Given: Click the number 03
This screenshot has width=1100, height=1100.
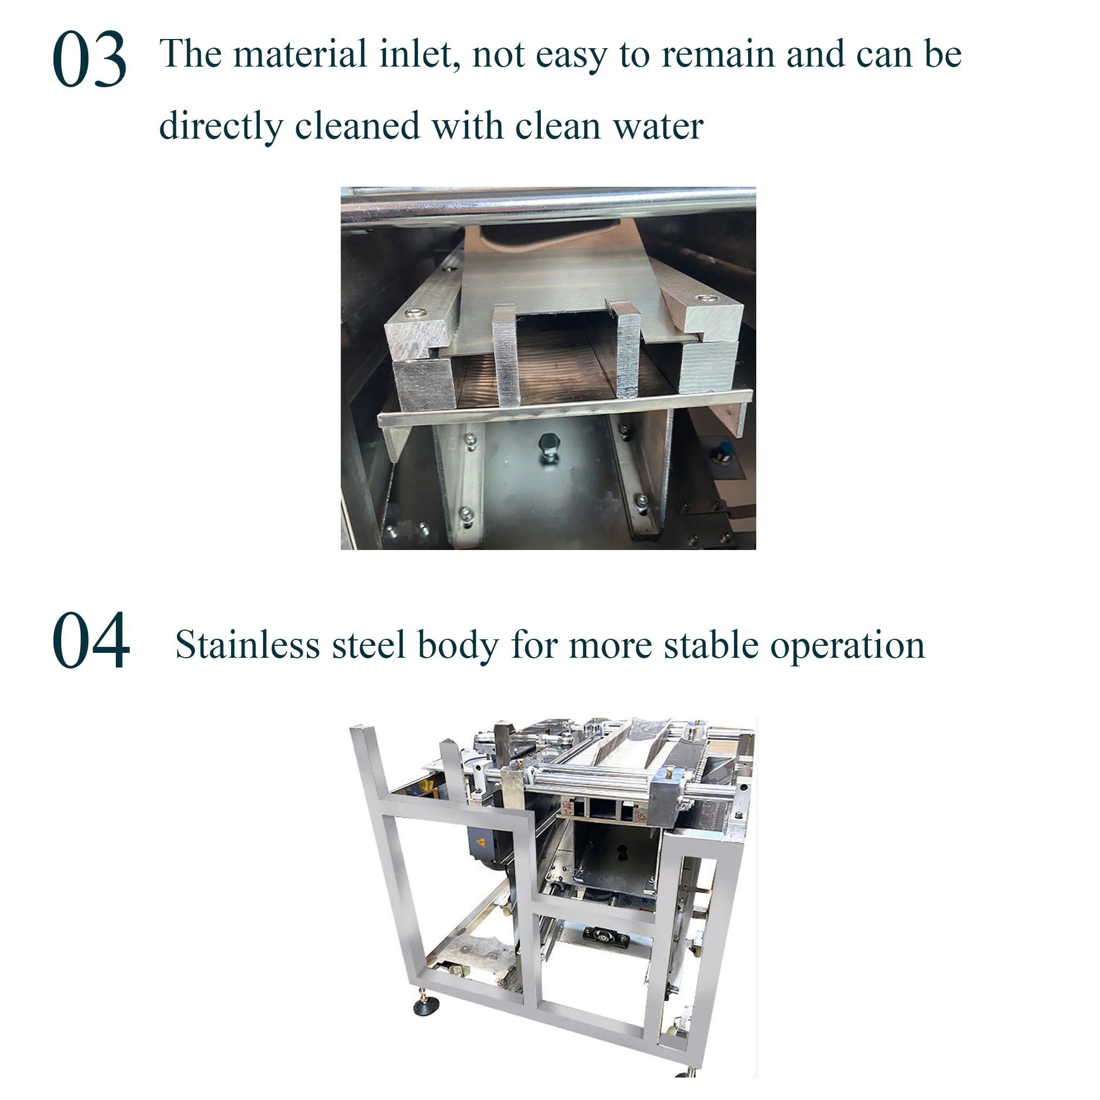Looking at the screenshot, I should point(89,60).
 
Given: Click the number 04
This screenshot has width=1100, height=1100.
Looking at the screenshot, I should point(90,640).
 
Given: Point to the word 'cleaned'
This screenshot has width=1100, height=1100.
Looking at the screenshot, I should point(357,126).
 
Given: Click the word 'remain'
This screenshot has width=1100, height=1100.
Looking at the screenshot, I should point(717,55).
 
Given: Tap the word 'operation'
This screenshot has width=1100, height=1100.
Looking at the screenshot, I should point(847,646).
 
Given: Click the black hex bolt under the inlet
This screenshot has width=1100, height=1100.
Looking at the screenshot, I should point(549,444).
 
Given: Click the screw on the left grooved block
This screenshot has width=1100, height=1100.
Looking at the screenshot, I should point(414,312).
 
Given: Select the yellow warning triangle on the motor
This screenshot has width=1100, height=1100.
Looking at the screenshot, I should point(480,843).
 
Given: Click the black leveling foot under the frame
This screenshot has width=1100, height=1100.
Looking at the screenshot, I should point(425,1009).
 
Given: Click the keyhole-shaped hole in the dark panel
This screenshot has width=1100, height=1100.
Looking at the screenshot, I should point(623,852).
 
